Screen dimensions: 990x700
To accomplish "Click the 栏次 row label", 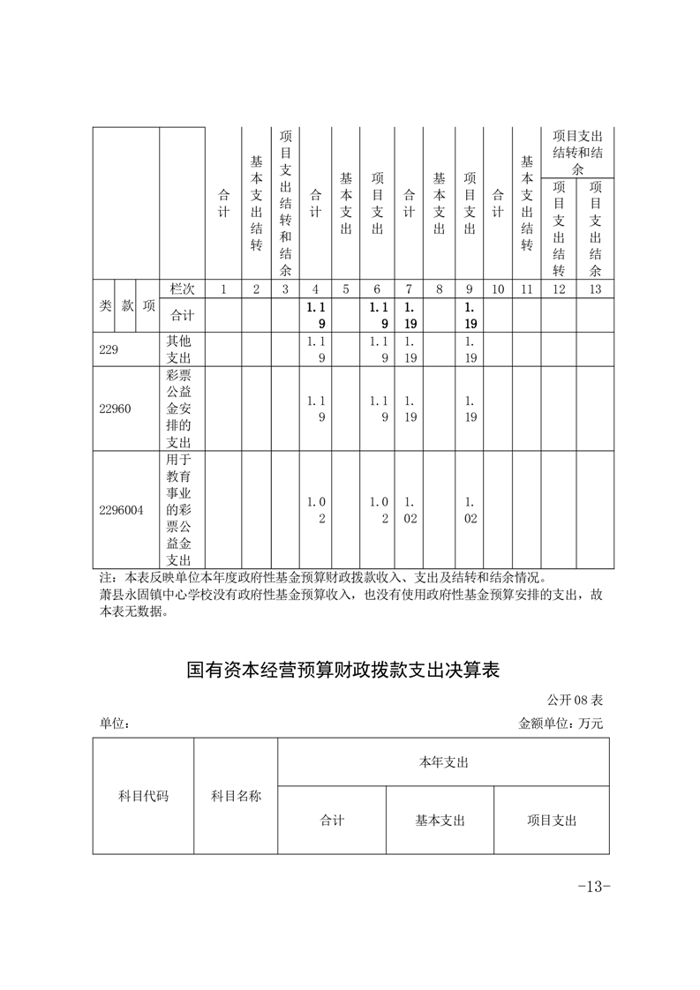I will pos(182,289).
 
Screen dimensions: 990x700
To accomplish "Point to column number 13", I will pos(595,289).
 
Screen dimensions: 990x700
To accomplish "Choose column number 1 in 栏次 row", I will pos(223,289).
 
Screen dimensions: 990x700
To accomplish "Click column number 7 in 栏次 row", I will pos(409,289).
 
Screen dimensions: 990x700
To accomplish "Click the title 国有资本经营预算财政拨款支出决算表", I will pos(343,670).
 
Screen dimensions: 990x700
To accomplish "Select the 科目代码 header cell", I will pos(143,796).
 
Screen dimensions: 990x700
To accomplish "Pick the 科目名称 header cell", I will pos(236,796).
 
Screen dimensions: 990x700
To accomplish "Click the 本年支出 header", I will pos(443,762).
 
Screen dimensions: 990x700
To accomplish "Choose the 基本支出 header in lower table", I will pos(440,821).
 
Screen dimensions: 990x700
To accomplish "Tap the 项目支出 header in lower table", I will pos(552,821).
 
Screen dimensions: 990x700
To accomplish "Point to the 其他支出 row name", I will pos(180,349).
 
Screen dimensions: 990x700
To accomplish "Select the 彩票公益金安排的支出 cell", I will pos(180,409).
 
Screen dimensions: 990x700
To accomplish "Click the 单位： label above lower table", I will pos(116,724).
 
